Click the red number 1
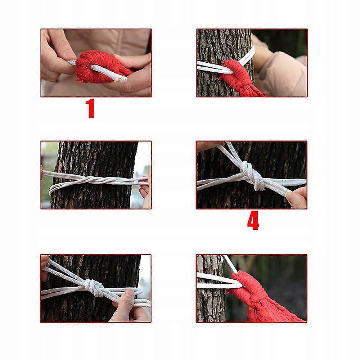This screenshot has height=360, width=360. click(x=90, y=108)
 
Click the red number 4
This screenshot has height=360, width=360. click(x=253, y=220)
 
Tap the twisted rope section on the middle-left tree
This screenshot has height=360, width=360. click(x=96, y=180)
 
